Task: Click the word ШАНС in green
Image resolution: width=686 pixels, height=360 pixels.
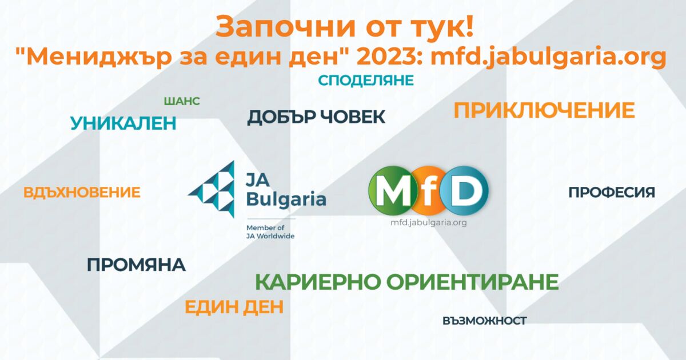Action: point(181,101)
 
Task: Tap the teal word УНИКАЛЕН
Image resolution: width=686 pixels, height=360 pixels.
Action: point(123,123)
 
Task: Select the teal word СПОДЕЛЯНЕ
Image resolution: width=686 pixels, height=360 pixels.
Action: point(365,81)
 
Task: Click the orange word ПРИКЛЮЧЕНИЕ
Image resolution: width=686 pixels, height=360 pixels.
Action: point(544,110)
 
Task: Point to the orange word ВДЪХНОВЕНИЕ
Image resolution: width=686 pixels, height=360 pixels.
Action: point(82,193)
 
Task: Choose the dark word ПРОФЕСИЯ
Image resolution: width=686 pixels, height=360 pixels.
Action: point(611,193)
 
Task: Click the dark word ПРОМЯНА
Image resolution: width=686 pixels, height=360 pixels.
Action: point(136,265)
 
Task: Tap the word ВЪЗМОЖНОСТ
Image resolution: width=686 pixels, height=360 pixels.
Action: point(484,321)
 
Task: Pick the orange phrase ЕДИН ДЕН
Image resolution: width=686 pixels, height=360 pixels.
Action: point(234,307)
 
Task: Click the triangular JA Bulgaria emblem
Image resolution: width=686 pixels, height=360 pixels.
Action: point(212,189)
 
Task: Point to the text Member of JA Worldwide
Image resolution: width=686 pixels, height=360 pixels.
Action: point(270,231)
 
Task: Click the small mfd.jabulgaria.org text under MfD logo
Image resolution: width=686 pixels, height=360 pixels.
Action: point(428,223)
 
